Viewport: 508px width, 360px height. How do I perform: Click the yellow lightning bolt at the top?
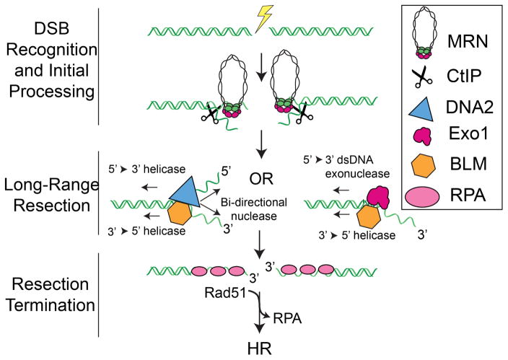pos(258,14)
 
